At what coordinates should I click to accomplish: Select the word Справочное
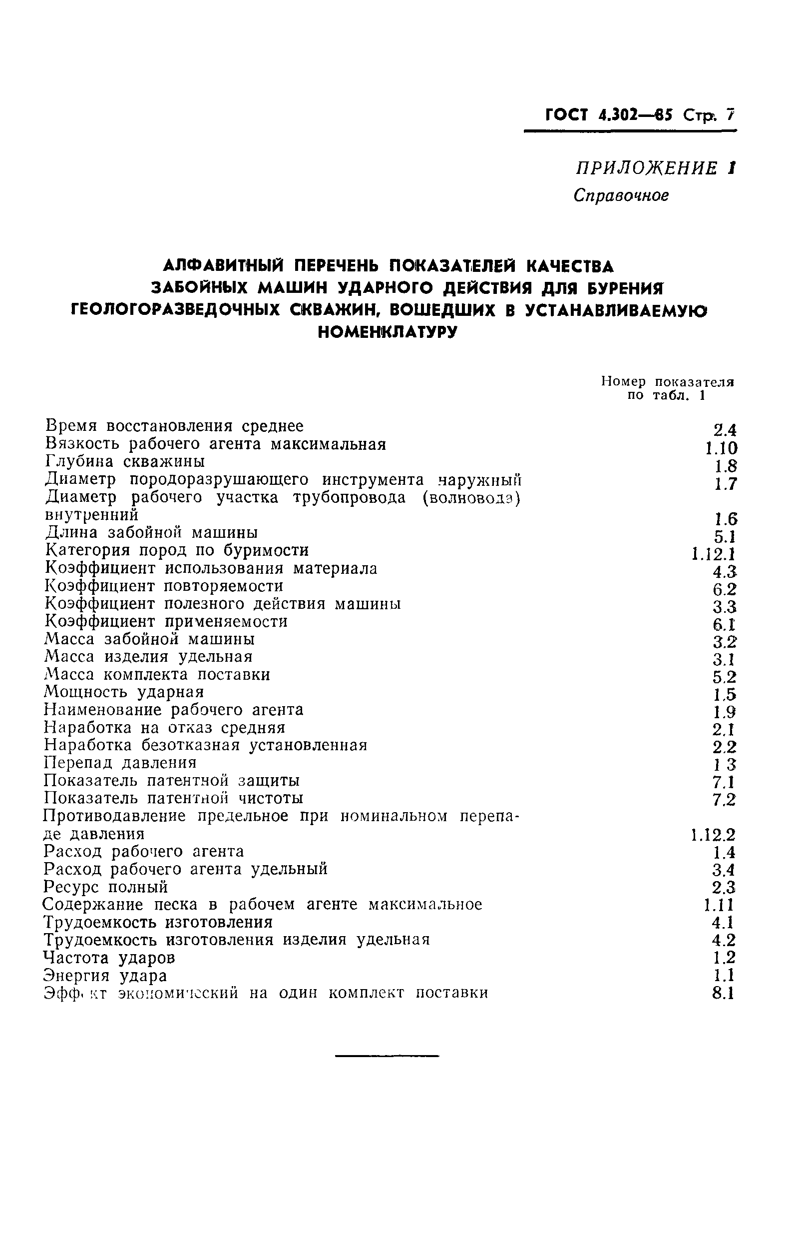[x=621, y=195]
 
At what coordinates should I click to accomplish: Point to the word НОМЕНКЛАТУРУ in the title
[x=388, y=332]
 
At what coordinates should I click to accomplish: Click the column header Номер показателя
[x=667, y=382]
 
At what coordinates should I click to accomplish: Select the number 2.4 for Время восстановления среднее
[x=724, y=430]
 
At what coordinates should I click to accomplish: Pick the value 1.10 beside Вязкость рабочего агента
[x=721, y=448]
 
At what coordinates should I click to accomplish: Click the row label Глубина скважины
[x=125, y=461]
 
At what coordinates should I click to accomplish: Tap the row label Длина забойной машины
[x=151, y=533]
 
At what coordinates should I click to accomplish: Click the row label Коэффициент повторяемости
[x=164, y=586]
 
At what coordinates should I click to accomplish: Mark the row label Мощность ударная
[x=124, y=692]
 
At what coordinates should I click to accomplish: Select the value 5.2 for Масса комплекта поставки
[x=724, y=677]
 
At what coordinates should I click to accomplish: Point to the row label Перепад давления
[x=120, y=763]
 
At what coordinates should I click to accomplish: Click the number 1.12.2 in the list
[x=713, y=835]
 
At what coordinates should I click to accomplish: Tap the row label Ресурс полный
[x=106, y=887]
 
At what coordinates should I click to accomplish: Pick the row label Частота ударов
[x=109, y=957]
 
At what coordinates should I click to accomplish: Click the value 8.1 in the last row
[x=724, y=993]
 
